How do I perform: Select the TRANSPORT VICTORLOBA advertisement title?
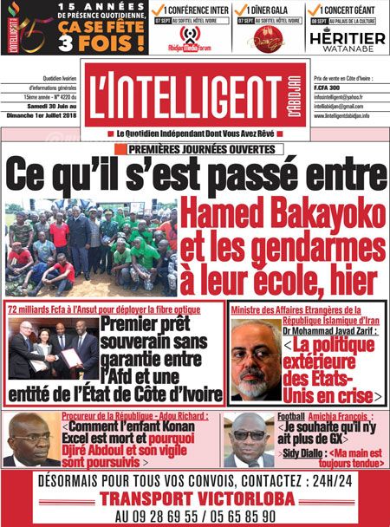(195, 498)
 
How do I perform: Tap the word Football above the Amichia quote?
(291, 417)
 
